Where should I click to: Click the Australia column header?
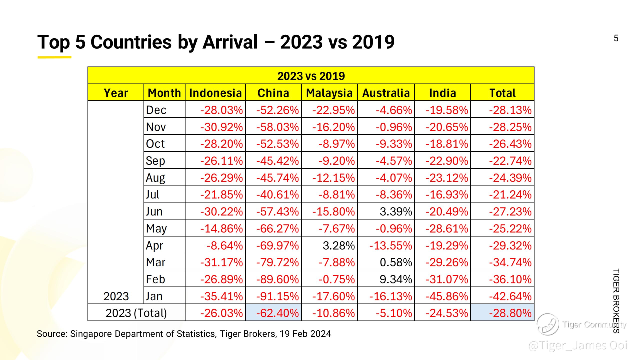[386, 93]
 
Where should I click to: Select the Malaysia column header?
[329, 93]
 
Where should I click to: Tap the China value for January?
[277, 296]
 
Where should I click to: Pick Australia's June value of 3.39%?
[395, 212]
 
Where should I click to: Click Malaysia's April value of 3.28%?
[338, 245]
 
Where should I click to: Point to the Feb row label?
[155, 279]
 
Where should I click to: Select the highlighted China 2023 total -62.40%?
[277, 313]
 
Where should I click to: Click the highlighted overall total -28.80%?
[510, 313]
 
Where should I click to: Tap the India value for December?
[447, 110]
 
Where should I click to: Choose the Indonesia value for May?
[221, 228]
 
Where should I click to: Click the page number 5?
[616, 38]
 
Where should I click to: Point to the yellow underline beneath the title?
[54, 57]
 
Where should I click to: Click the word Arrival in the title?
[230, 42]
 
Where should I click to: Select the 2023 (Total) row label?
[136, 313]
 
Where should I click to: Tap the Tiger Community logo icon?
[548, 324]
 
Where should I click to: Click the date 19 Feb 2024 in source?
[305, 334]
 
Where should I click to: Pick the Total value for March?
[510, 262]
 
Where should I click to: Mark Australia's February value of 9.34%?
[395, 279]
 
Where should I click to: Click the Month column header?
[164, 93]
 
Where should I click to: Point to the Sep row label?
[155, 161]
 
